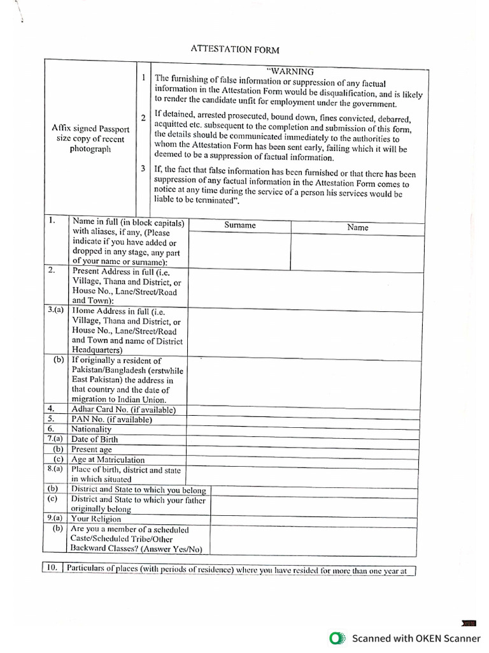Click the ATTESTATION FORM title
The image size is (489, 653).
click(236, 49)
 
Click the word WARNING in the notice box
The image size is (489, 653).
click(290, 71)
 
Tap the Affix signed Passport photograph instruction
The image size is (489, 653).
click(90, 138)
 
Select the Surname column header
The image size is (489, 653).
click(239, 225)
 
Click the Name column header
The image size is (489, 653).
click(357, 227)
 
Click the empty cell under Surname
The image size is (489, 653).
click(239, 251)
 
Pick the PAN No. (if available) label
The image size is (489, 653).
click(111, 420)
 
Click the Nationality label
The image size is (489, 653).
click(91, 429)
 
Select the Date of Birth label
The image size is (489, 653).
click(94, 439)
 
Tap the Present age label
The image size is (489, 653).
click(91, 450)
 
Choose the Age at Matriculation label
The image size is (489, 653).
click(108, 460)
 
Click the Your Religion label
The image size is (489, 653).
click(96, 519)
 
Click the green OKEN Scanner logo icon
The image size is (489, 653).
click(337, 638)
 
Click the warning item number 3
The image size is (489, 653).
click(143, 168)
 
